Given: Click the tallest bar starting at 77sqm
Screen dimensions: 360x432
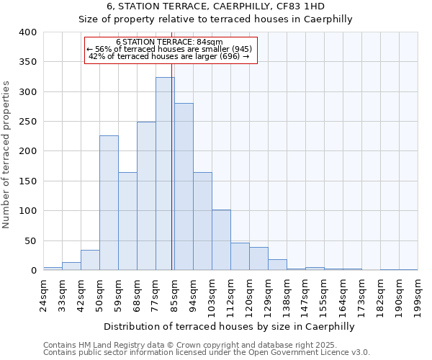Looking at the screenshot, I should (165, 174).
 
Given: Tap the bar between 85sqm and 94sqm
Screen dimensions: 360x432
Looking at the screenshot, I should (184, 186).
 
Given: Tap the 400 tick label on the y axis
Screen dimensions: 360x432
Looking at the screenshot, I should (27, 32).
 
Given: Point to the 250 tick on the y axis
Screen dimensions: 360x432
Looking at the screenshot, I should (27, 122).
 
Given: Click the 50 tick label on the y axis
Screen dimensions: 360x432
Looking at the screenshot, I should (30, 240).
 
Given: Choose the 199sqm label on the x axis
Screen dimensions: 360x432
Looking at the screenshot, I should (418, 296).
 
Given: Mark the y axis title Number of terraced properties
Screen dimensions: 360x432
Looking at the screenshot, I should (7, 154).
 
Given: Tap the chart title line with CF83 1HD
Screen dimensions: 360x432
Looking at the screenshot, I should (215, 6).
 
